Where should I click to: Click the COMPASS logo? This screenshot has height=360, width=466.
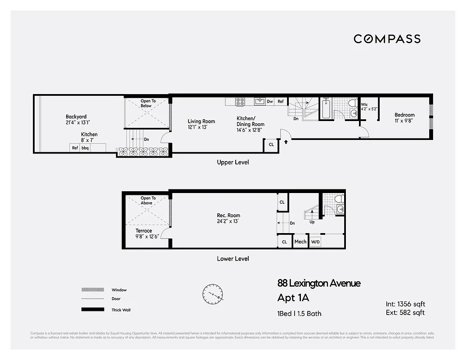[x=387, y=39]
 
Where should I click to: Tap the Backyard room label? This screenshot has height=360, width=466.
[x=76, y=117]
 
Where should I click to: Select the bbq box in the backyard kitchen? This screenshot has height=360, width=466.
[x=85, y=148]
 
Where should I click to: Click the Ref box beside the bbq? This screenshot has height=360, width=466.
[x=75, y=148]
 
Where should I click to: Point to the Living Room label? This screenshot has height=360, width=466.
[x=201, y=121]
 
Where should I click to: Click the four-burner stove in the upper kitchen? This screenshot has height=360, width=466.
[x=240, y=102]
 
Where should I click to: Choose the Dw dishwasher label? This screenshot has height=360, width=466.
[x=270, y=102]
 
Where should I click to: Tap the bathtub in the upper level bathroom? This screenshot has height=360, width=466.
[x=326, y=108]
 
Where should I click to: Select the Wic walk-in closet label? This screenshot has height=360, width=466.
[x=364, y=104]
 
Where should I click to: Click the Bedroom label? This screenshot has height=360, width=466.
[x=404, y=115]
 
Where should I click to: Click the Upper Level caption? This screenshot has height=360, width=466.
[x=233, y=162]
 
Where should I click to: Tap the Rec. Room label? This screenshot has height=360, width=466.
[x=228, y=215]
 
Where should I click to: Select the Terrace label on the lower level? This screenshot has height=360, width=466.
[x=144, y=231]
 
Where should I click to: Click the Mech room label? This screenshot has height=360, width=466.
[x=300, y=242]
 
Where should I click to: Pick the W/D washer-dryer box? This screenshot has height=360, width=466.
[x=316, y=242]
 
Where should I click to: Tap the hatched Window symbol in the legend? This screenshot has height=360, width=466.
[x=90, y=290]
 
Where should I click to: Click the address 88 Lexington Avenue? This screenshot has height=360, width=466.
[x=318, y=283]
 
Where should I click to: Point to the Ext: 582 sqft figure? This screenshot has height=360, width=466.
[x=405, y=312]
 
